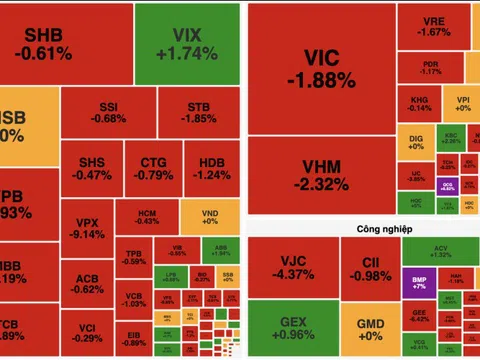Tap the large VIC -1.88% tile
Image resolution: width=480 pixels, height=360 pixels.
tap(320, 66)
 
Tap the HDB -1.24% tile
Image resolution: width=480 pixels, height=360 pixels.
tap(211, 168)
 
